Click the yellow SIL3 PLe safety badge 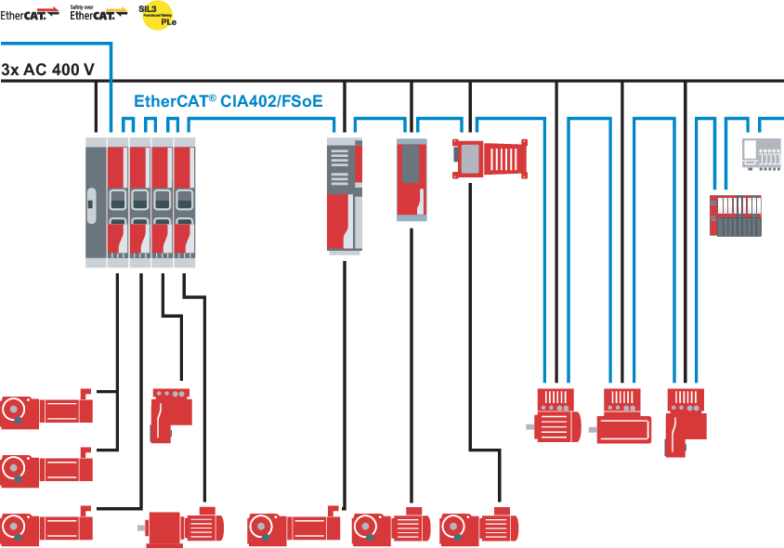pyautogui.click(x=158, y=16)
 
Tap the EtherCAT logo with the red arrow pyautogui.click(x=31, y=14)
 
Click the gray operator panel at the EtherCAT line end pyautogui.click(x=762, y=152)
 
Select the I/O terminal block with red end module pyautogui.click(x=736, y=215)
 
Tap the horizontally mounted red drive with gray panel pyautogui.click(x=490, y=157)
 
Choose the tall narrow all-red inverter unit pyautogui.click(x=412, y=179)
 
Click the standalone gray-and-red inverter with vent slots pyautogui.click(x=344, y=195)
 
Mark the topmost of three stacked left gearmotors pyautogui.click(x=46, y=410)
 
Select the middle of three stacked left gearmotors pyautogui.click(x=46, y=467)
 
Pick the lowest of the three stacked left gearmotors pyautogui.click(x=46, y=527)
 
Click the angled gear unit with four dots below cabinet pyautogui.click(x=169, y=415)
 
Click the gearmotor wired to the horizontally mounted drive pyautogui.click(x=478, y=527)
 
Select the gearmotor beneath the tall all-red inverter pyautogui.click(x=391, y=528)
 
